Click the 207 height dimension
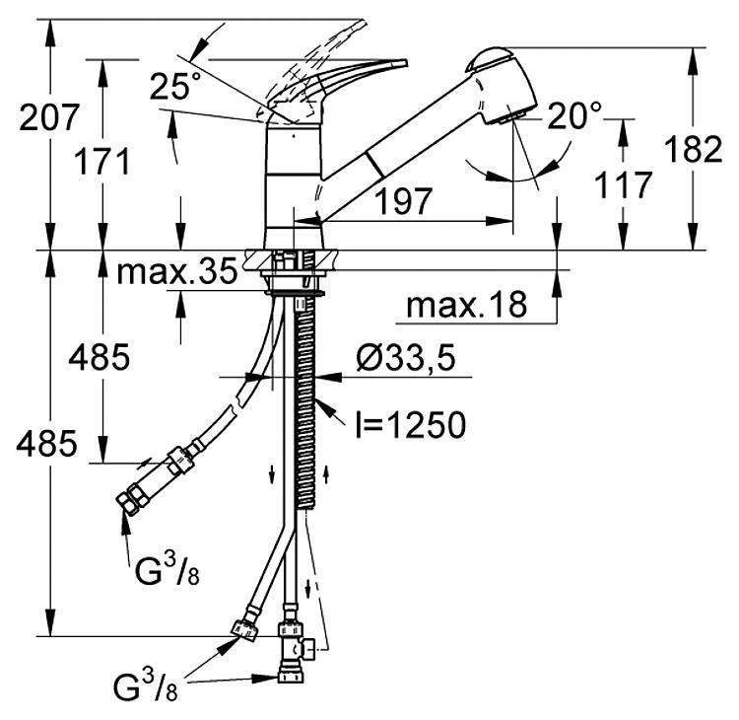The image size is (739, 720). point(48,117)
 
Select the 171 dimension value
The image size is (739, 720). point(101,162)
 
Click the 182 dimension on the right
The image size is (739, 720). point(694,149)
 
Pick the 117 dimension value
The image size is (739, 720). point(623,184)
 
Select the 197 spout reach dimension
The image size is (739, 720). point(403,200)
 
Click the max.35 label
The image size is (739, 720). point(177,271)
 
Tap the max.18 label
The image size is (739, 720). point(467,305)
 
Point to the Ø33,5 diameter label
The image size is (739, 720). point(406,357)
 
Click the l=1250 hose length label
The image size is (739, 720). point(411,425)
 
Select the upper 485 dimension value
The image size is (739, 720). point(99,357)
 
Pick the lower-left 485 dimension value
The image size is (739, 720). point(46,444)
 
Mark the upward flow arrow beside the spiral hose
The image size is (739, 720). point(325,473)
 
